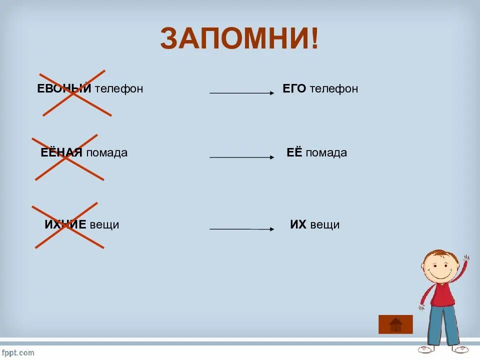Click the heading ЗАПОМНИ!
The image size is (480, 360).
point(239,38)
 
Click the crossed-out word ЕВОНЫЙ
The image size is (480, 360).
point(64,89)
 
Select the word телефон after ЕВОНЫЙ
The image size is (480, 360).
point(119,89)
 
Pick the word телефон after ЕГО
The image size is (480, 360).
point(333,89)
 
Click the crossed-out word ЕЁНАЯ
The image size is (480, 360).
point(61,153)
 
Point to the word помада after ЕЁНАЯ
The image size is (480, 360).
point(106,153)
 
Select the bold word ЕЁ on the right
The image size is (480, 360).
point(294,153)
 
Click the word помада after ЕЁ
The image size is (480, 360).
point(326,153)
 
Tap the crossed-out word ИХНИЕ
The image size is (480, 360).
point(65,225)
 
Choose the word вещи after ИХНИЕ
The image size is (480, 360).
point(104,225)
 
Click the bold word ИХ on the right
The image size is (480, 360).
point(298,225)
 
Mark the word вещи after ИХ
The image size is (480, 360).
point(324,225)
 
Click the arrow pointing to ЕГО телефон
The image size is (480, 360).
point(241,93)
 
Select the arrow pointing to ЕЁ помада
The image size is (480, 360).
point(241,157)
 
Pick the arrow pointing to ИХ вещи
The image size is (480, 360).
point(241,229)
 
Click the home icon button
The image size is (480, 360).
point(395,324)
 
